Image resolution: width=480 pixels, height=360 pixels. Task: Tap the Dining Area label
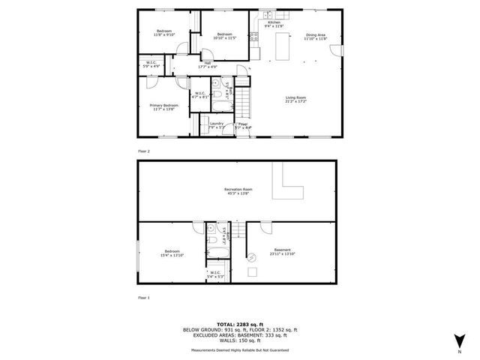(314, 35)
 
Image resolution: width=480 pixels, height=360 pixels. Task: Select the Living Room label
(295, 97)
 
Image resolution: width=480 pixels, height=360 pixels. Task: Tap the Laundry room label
(217, 124)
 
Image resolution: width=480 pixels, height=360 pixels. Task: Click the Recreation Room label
(238, 190)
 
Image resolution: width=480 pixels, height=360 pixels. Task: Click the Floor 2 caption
(144, 151)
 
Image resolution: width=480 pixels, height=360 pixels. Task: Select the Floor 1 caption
(144, 298)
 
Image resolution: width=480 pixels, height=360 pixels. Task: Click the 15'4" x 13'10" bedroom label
(172, 253)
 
